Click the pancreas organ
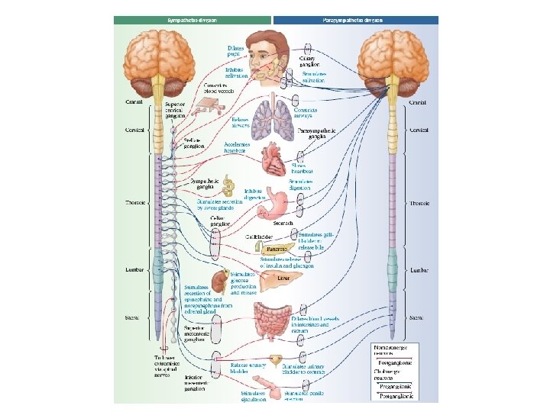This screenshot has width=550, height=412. click(x=277, y=248)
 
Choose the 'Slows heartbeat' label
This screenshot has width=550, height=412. click(x=302, y=168)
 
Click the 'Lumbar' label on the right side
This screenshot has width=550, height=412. click(x=419, y=269)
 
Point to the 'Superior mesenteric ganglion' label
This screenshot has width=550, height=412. click(x=197, y=333)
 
